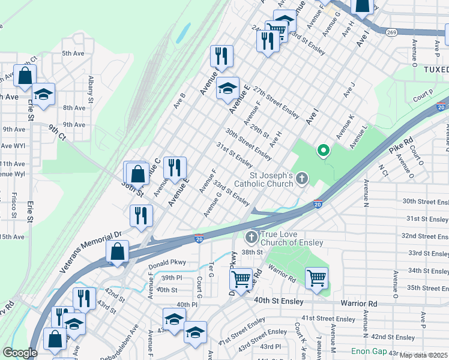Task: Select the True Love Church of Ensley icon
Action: (x=251, y=237)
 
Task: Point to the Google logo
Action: (x=20, y=353)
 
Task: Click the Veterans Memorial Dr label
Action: (x=90, y=253)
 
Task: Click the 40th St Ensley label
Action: (x=277, y=299)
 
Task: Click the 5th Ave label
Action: (x=73, y=53)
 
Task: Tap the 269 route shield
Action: (x=391, y=32)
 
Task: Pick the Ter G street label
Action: (x=211, y=270)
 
